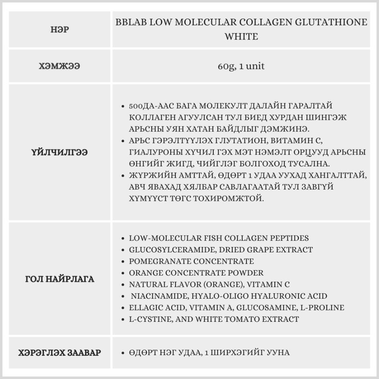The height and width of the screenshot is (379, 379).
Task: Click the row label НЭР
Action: [60, 30]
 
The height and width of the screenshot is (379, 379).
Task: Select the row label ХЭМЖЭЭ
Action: [60, 66]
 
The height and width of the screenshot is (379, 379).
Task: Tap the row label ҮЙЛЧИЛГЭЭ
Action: [60, 152]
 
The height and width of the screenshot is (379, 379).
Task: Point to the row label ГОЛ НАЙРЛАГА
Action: [60, 280]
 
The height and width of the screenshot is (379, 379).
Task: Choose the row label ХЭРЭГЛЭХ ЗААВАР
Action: [60, 353]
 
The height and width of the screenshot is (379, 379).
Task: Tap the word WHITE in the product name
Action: [241, 37]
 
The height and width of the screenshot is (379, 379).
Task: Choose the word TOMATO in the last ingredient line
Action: [245, 319]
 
